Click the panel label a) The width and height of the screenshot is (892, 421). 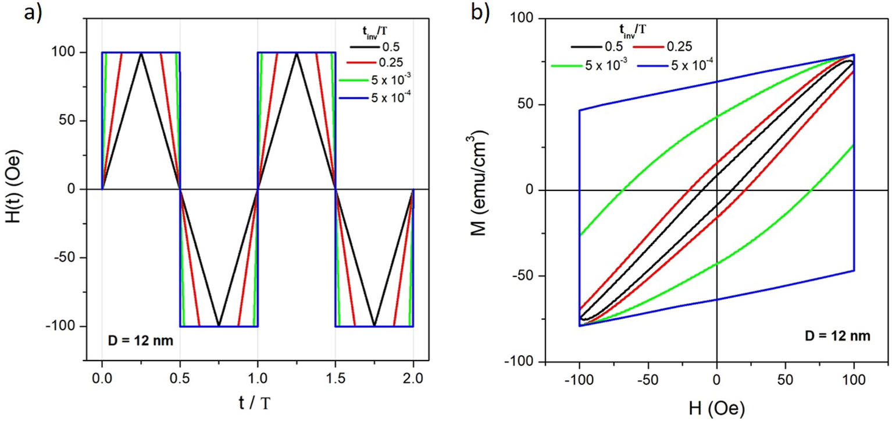point(32,13)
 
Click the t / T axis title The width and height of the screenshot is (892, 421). point(258,402)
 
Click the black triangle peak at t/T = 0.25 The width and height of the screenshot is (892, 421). point(141,53)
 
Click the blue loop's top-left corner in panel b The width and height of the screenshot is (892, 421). point(580,110)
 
